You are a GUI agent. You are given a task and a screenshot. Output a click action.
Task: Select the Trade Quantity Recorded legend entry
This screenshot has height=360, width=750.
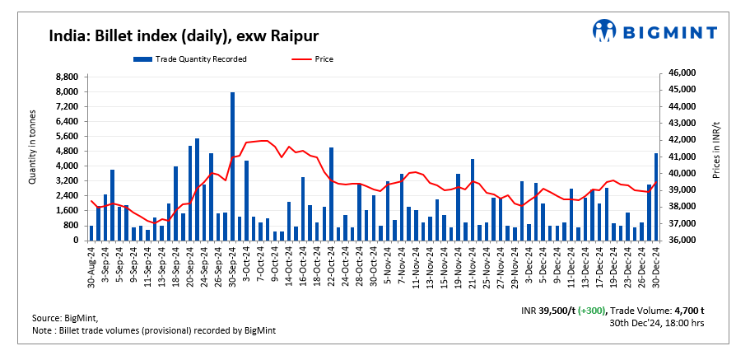tap(189, 59)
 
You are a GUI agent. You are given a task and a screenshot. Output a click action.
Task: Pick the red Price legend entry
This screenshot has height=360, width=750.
tap(314, 59)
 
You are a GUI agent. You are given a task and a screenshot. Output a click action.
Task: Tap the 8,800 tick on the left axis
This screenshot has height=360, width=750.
tap(67, 77)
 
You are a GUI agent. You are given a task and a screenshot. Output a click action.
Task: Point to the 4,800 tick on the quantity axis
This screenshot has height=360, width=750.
tap(67, 151)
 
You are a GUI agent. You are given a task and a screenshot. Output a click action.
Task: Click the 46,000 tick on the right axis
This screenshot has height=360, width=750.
tap(683, 73)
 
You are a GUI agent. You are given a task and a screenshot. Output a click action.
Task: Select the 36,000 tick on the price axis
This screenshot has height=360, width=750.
tap(683, 241)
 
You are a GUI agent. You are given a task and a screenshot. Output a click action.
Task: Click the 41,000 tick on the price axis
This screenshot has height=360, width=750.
tap(683, 157)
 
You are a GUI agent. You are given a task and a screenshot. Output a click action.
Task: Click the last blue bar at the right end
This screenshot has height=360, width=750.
tap(656, 197)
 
